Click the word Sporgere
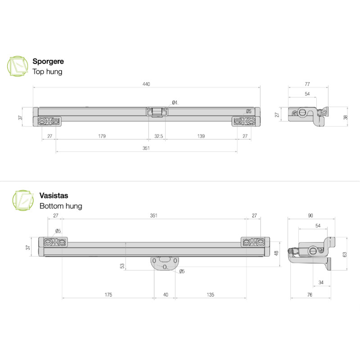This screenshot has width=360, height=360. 48,61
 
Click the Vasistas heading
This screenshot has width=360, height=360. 54,196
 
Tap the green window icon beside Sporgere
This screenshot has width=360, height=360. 17,66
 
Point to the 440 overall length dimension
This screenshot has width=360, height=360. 146,84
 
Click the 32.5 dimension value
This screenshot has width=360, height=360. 159,136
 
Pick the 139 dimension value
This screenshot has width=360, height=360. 200,136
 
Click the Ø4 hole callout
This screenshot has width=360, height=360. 175,103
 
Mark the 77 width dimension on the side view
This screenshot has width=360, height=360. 308,84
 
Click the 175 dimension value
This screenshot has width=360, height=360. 108,295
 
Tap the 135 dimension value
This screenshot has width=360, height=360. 210,295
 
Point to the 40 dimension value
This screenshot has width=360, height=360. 166,295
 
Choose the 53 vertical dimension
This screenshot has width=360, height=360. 122,266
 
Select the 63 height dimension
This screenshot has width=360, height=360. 345,254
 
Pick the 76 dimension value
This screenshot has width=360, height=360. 310,295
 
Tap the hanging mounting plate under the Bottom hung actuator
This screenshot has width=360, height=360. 165,263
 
